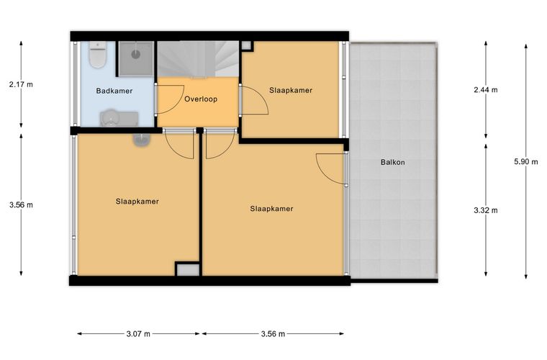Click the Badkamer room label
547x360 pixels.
114,91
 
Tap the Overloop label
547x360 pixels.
201,99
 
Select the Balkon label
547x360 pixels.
393,162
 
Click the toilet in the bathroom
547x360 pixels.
97,55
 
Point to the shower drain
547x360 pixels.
136,54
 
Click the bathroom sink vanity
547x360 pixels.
119,118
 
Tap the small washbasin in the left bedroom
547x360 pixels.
142,139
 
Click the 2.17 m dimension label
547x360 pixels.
21,84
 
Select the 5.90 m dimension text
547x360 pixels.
525,161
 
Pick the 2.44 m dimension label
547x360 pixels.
486,90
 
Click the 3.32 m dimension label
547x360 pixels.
486,210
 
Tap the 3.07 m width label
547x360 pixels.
138,334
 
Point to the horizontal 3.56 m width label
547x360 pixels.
273,334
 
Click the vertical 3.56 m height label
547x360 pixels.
21,204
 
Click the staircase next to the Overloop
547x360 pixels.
198,59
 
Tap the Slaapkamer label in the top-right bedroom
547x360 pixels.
291,90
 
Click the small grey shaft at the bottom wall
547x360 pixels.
187,269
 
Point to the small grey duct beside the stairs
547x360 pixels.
246,45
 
